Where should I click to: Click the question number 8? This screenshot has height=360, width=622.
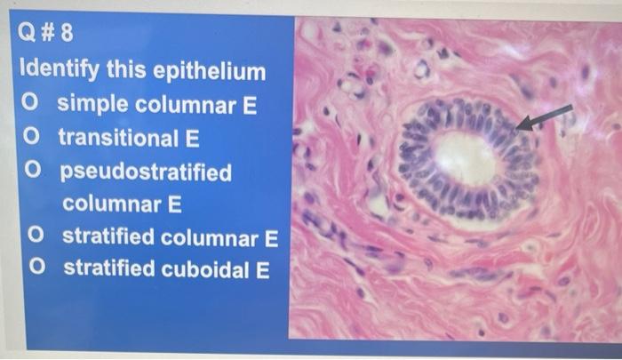(68, 36)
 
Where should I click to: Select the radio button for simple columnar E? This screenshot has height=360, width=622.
(32, 104)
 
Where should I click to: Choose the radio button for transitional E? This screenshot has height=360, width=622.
(32, 138)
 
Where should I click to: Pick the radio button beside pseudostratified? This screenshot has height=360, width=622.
(32, 171)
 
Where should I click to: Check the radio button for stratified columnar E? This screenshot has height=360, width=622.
(36, 236)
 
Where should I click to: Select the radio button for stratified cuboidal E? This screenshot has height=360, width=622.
(36, 268)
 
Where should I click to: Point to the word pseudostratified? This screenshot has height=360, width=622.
(145, 171)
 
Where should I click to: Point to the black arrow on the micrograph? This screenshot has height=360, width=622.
(545, 116)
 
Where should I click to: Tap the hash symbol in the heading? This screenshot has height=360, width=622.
(50, 36)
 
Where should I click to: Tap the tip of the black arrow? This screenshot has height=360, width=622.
(519, 128)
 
